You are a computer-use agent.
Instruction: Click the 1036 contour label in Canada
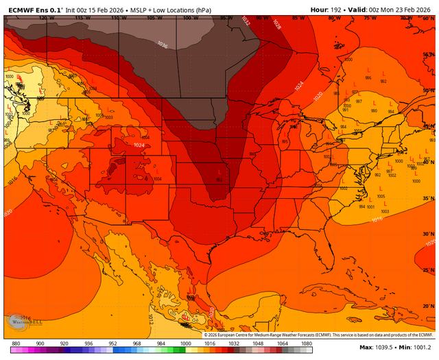(162, 45)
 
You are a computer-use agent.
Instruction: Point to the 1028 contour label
(276, 25)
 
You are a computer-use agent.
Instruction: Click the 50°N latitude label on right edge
(427, 91)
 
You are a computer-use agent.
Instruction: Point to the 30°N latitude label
(427, 235)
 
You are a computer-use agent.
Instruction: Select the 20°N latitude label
(427, 306)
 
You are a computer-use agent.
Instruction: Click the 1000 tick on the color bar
(185, 343)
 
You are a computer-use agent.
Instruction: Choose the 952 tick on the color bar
(112, 343)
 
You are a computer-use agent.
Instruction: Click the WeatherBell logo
(21, 321)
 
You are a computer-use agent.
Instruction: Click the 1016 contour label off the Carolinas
(376, 219)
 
